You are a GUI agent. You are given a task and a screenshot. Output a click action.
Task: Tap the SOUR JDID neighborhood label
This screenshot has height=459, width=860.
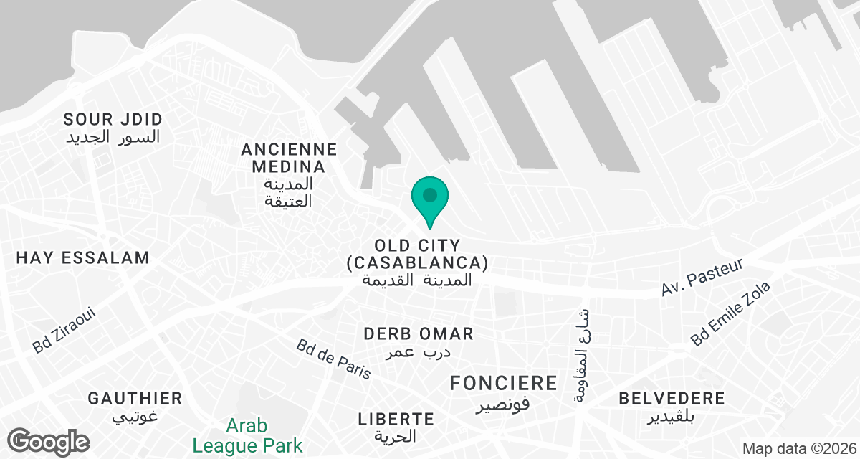pyautogui.click(x=113, y=119)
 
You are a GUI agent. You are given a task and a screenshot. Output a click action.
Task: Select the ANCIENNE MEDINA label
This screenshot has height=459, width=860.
pyautogui.click(x=289, y=158)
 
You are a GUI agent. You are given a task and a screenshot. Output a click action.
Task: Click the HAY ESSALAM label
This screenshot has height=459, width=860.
pyautogui.click(x=82, y=257)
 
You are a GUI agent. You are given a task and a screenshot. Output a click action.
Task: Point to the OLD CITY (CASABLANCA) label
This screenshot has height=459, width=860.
pyautogui.click(x=417, y=254)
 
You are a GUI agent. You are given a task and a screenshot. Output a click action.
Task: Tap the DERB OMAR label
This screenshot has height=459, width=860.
pyautogui.click(x=419, y=334)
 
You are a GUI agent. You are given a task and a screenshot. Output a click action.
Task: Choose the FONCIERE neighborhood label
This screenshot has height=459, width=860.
pyautogui.click(x=503, y=383)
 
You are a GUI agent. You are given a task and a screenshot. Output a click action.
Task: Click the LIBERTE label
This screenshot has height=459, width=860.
pyautogui.click(x=396, y=418)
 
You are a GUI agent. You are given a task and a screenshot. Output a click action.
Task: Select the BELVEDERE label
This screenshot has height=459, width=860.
pyautogui.click(x=672, y=399)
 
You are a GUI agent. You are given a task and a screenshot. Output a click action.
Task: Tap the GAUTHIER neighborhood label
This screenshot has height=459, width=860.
pyautogui.click(x=135, y=398)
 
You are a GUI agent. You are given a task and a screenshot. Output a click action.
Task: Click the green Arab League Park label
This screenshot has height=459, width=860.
pyautogui.click(x=247, y=435)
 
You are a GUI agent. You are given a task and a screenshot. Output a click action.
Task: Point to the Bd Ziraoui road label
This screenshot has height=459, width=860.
pyautogui.click(x=64, y=331)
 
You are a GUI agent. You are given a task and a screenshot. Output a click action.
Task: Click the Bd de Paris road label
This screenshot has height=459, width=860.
pyautogui.click(x=334, y=359)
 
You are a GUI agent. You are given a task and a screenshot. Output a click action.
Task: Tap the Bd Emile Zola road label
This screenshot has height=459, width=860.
pyautogui.click(x=731, y=313)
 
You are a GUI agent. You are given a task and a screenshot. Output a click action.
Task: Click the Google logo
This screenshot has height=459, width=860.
pyautogui.click(x=49, y=441)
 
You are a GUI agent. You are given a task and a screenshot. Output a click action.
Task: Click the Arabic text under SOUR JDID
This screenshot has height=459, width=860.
pyautogui.click(x=113, y=136)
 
